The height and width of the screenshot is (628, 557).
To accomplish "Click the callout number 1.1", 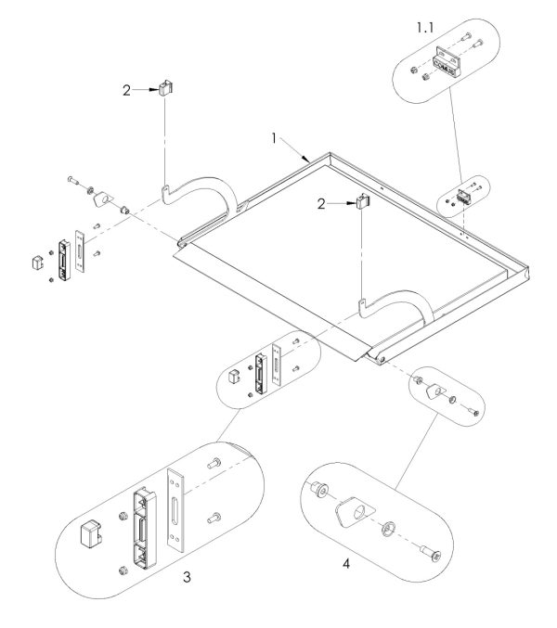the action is click(x=425, y=28).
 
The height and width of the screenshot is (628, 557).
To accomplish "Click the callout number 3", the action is click(x=187, y=577).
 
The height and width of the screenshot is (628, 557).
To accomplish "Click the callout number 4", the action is click(x=346, y=563).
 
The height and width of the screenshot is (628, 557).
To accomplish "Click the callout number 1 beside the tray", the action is click(x=274, y=138).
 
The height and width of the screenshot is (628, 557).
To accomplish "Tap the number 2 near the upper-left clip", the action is click(x=126, y=91).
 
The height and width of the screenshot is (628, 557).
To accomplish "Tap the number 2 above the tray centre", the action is click(x=321, y=204).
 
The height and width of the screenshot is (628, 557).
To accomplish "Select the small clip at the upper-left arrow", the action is click(x=166, y=88).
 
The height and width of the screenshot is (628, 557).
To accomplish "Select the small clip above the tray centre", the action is click(x=363, y=200).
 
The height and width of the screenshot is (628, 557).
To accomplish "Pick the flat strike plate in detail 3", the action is click(x=175, y=509).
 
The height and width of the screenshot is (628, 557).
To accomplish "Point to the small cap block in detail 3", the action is click(x=91, y=533).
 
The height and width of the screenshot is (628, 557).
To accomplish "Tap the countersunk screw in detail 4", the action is click(x=431, y=553).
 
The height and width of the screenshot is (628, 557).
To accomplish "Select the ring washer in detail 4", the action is click(x=388, y=528).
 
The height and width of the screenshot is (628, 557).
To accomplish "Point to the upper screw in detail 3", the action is click(x=214, y=463).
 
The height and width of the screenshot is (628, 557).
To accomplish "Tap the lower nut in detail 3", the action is click(x=123, y=570).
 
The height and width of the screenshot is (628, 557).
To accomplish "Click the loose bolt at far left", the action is click(x=73, y=180).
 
